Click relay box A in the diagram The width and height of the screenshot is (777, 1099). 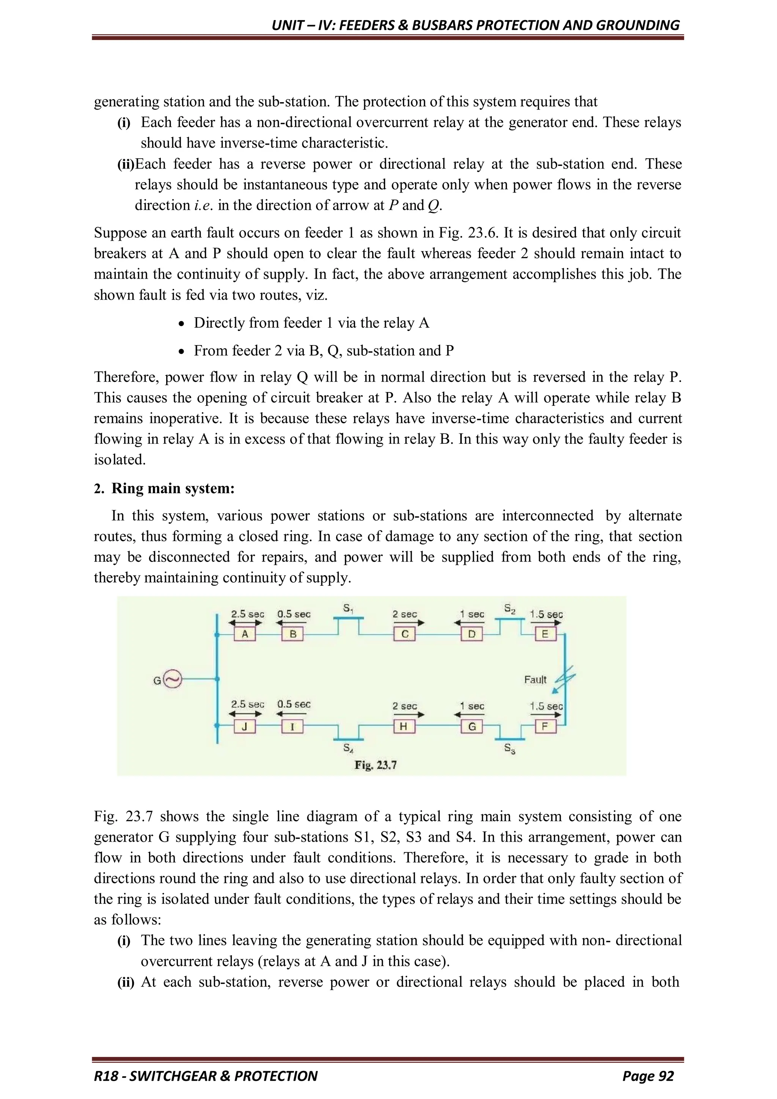coord(244,634)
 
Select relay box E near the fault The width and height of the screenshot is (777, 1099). coord(544,634)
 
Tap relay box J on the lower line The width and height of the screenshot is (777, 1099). coord(244,727)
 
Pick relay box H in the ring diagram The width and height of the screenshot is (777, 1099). coord(404,727)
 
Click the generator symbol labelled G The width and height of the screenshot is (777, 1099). coord(172,679)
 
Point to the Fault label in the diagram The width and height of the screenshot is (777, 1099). coord(535,680)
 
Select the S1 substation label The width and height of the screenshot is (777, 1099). coord(348,609)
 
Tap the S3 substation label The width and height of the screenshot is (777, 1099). coord(510,749)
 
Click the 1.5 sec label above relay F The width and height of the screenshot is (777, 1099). coord(546,706)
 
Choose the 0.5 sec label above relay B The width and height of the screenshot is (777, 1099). coord(294,614)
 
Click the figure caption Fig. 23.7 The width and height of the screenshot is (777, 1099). coord(376,765)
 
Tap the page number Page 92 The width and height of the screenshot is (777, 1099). coord(648,1076)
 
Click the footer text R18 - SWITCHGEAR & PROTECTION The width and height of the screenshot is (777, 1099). coord(206,1076)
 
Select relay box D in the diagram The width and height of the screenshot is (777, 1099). coord(472,634)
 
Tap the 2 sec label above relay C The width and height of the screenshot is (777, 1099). coord(405,614)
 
